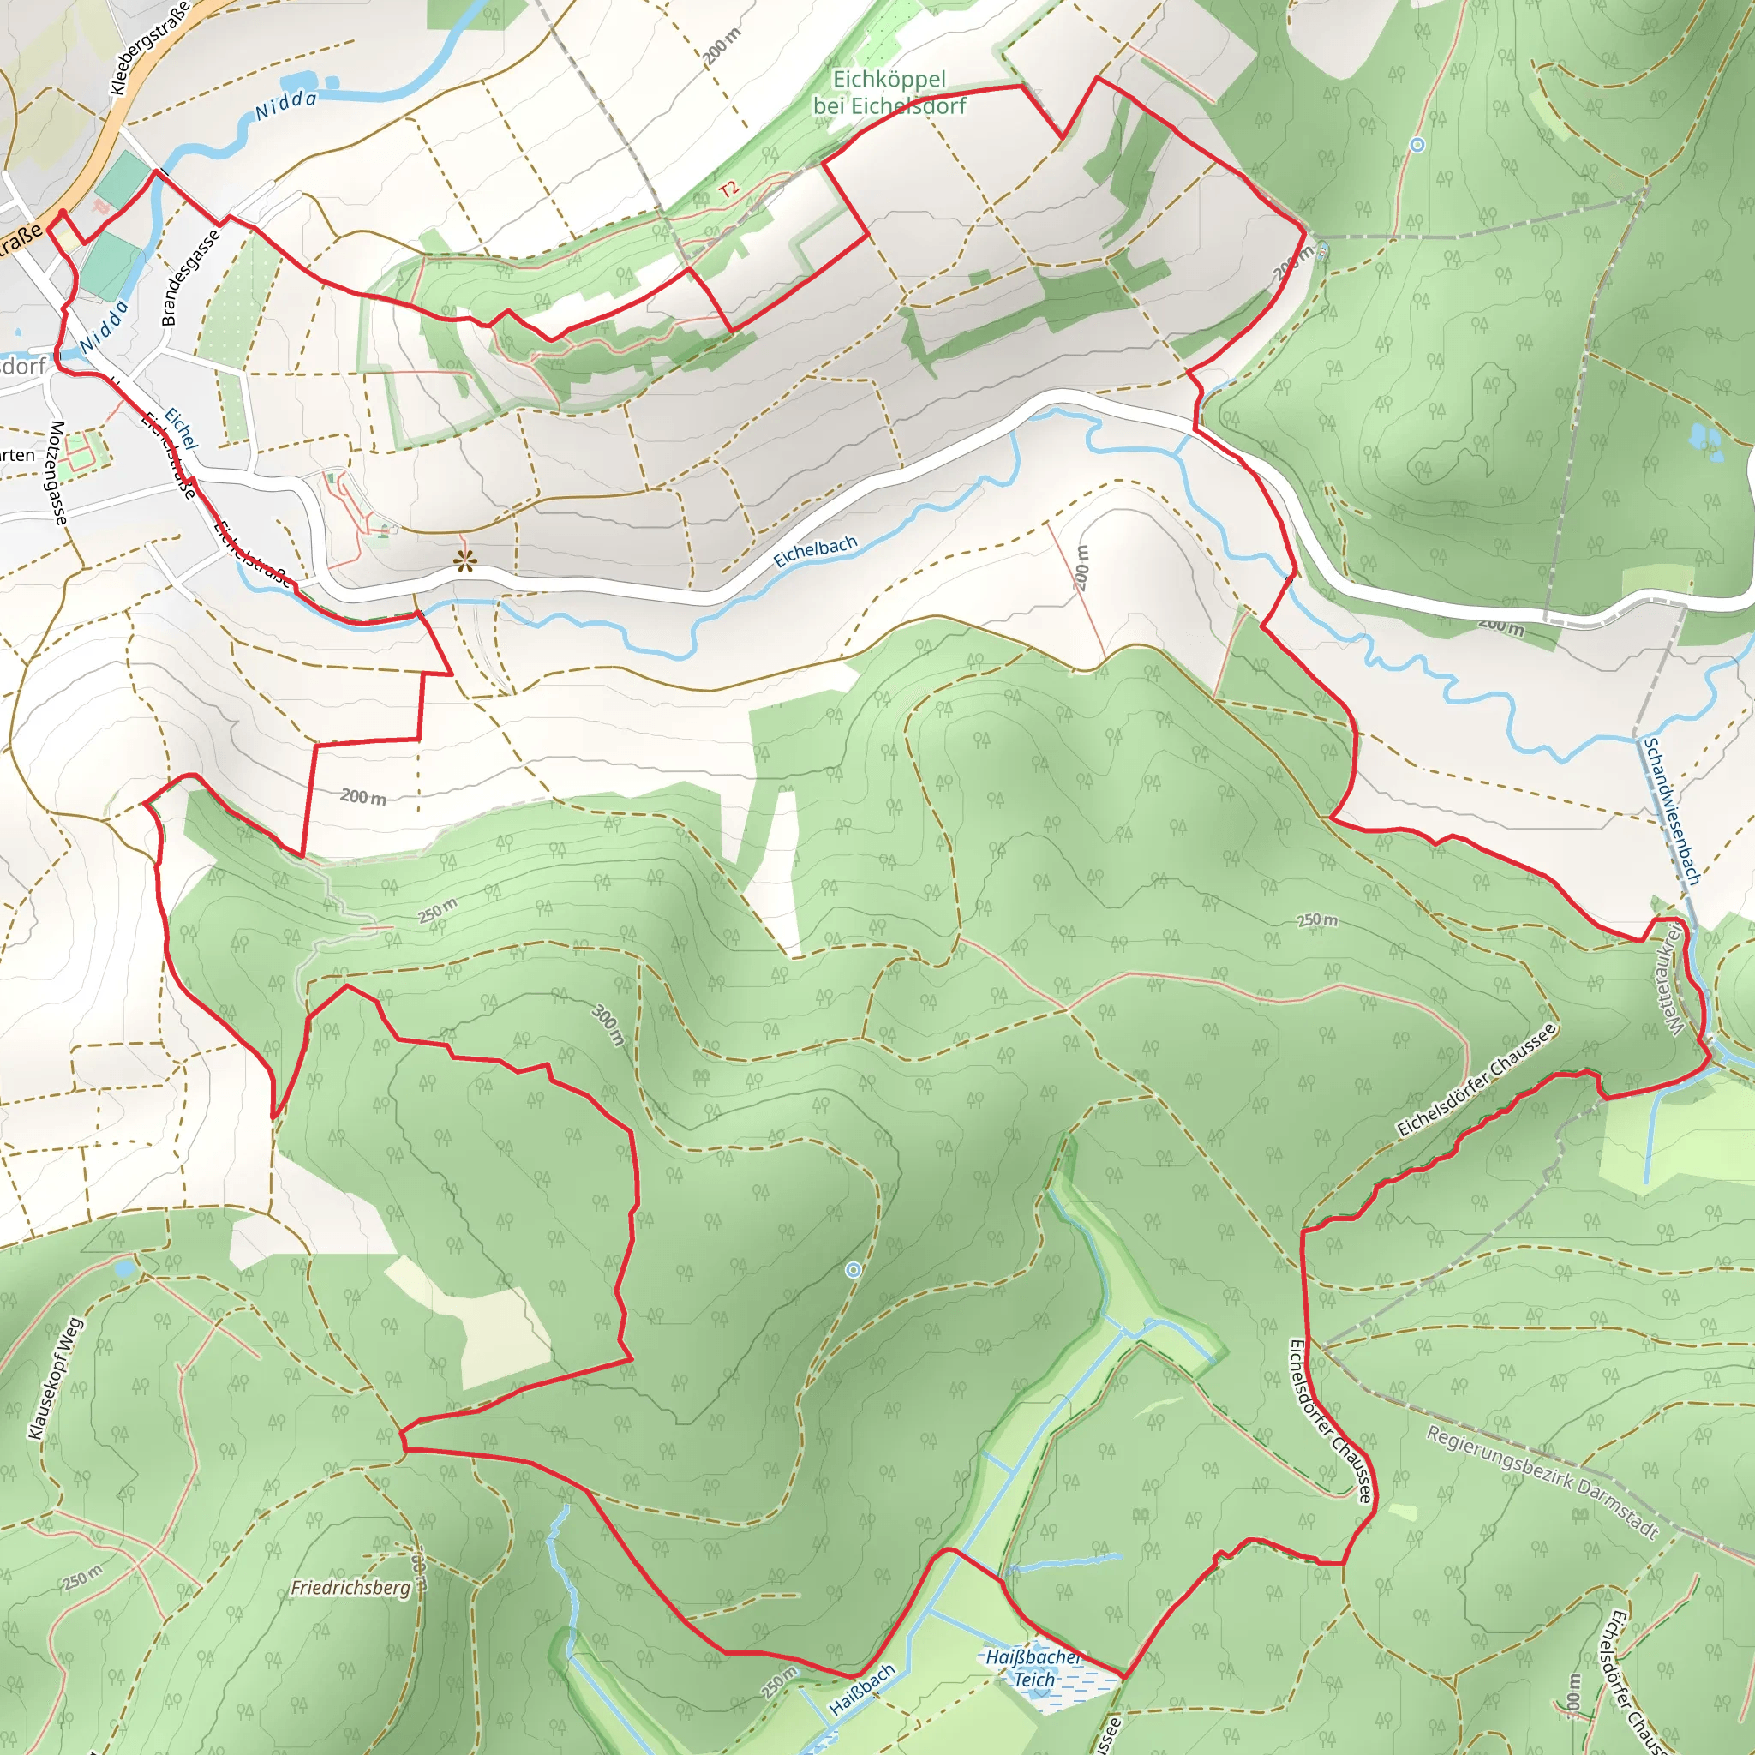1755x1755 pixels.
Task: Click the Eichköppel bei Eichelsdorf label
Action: [x=889, y=93]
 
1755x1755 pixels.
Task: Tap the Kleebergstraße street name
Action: [x=150, y=48]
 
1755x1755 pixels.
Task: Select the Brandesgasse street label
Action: [x=190, y=277]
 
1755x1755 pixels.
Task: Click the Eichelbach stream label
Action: [x=815, y=551]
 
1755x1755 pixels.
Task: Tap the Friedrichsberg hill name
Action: [x=350, y=1588]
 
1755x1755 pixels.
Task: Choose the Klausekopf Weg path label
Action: [x=56, y=1378]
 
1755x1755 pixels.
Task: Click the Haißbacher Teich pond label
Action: [x=1033, y=1668]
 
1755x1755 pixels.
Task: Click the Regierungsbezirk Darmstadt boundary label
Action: [x=1542, y=1482]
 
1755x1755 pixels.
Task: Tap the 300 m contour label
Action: [x=608, y=1025]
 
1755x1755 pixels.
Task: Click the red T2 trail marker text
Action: [x=728, y=190]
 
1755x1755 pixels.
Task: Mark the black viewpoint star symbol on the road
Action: [x=465, y=561]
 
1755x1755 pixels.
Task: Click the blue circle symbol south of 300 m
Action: [x=853, y=1270]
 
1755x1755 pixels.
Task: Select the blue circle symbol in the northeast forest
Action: [x=1417, y=145]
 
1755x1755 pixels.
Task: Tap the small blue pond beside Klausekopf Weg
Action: [x=124, y=1267]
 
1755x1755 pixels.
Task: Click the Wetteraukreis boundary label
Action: [x=1675, y=980]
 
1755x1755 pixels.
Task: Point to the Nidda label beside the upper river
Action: [x=285, y=105]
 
